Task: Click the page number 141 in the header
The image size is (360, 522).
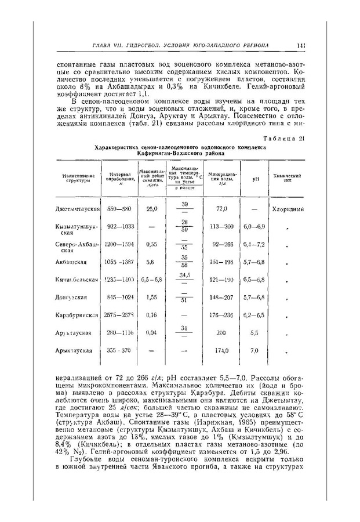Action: (301, 45)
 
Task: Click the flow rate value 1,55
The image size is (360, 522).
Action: (152, 298)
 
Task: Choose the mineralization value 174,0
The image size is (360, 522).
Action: (220, 351)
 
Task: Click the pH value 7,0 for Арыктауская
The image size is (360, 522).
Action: (253, 351)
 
